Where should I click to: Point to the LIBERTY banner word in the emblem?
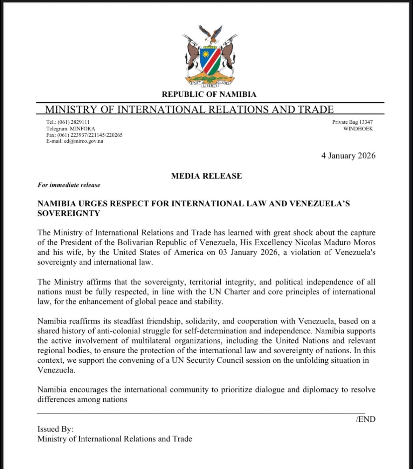[210, 85]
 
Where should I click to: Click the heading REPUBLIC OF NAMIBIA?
[209, 94]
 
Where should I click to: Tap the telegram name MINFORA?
[82, 129]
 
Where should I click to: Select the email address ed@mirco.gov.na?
[83, 141]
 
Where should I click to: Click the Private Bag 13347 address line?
[352, 122]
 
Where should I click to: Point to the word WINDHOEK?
[358, 129]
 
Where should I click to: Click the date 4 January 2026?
[348, 156]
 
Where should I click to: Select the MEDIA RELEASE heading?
[206, 176]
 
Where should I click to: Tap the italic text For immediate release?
[69, 185]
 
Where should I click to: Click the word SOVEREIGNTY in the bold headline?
[69, 213]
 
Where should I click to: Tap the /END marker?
[365, 419]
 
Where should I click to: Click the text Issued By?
[55, 429]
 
